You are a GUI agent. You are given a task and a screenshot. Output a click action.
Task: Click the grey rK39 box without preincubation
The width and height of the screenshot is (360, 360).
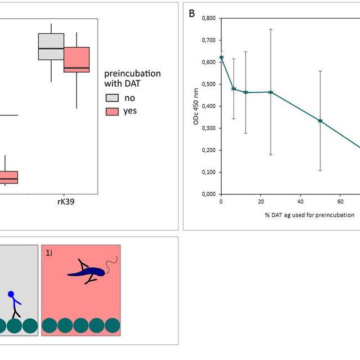51,47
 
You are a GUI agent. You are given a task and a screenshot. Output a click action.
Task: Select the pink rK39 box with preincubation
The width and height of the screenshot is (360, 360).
76,60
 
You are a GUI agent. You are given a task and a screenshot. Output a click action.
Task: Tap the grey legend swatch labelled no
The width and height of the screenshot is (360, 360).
112,98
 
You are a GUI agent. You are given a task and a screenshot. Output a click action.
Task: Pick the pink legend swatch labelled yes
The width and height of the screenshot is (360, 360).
112,111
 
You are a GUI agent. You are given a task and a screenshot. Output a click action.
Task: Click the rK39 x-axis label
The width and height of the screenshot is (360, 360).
66,202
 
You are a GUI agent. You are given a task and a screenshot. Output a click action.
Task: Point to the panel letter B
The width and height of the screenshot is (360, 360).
192,13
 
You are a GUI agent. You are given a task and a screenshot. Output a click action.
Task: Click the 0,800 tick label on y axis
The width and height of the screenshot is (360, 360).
209,18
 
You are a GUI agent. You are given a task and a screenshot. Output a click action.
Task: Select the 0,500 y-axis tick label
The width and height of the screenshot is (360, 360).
209,84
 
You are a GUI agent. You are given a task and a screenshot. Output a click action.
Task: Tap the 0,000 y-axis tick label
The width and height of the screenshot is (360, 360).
209,194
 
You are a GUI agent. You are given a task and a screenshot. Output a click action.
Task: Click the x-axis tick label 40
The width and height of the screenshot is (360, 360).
300,201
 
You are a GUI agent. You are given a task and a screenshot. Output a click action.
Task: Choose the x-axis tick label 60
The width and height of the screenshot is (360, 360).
340,201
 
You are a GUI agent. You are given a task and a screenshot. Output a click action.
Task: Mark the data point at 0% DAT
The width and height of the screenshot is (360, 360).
221,57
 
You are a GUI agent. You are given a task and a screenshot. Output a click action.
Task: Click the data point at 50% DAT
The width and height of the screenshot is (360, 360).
320,121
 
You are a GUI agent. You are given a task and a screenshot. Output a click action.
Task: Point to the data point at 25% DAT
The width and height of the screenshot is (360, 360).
271,92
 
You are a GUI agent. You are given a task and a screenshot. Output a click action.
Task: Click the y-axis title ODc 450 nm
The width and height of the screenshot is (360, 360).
196,106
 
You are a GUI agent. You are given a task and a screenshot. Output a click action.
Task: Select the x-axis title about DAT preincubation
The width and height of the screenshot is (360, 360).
309,215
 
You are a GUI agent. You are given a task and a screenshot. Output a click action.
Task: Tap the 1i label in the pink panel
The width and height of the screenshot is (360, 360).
49,253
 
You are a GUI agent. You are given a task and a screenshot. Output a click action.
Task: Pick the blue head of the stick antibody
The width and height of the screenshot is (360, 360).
11,294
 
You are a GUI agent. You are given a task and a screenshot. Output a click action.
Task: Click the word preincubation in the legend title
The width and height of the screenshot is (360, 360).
133,74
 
